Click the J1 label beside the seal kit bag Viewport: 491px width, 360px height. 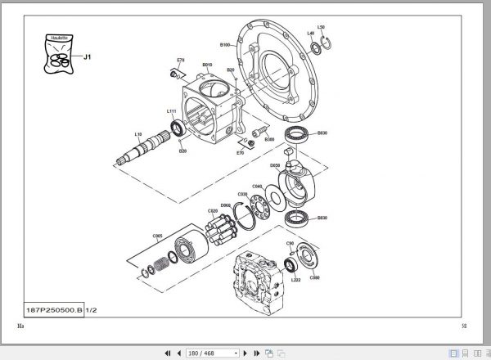coord(88,57)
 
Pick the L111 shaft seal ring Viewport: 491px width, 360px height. coord(175,127)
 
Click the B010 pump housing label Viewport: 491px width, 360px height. coord(207,64)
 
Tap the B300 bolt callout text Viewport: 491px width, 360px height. coord(269,139)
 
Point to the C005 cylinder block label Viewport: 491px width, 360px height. coord(157,236)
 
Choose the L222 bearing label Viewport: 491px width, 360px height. coord(295,280)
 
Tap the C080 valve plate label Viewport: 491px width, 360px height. coord(315,277)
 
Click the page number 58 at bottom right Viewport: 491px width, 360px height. coord(464,326)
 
